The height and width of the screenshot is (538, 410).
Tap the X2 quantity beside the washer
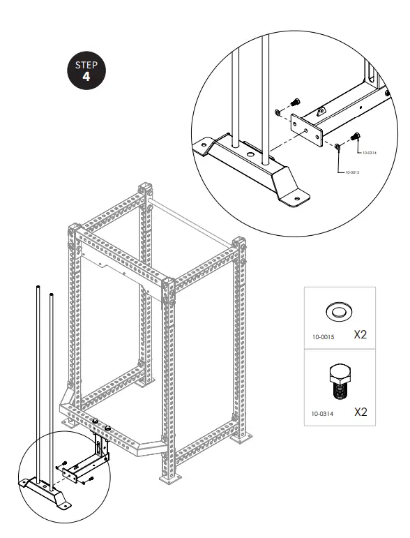[x=360, y=335]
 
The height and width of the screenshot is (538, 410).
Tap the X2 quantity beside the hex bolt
[x=360, y=412]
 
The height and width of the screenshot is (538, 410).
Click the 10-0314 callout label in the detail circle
[x=367, y=151]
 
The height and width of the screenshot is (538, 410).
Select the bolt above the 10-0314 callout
[x=357, y=135]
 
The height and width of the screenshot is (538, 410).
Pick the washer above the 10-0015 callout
[x=337, y=145]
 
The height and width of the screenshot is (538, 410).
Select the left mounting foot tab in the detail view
[x=203, y=146]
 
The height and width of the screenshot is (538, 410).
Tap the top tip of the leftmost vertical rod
[x=35, y=287]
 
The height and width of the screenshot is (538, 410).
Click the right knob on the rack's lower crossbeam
[x=109, y=426]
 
